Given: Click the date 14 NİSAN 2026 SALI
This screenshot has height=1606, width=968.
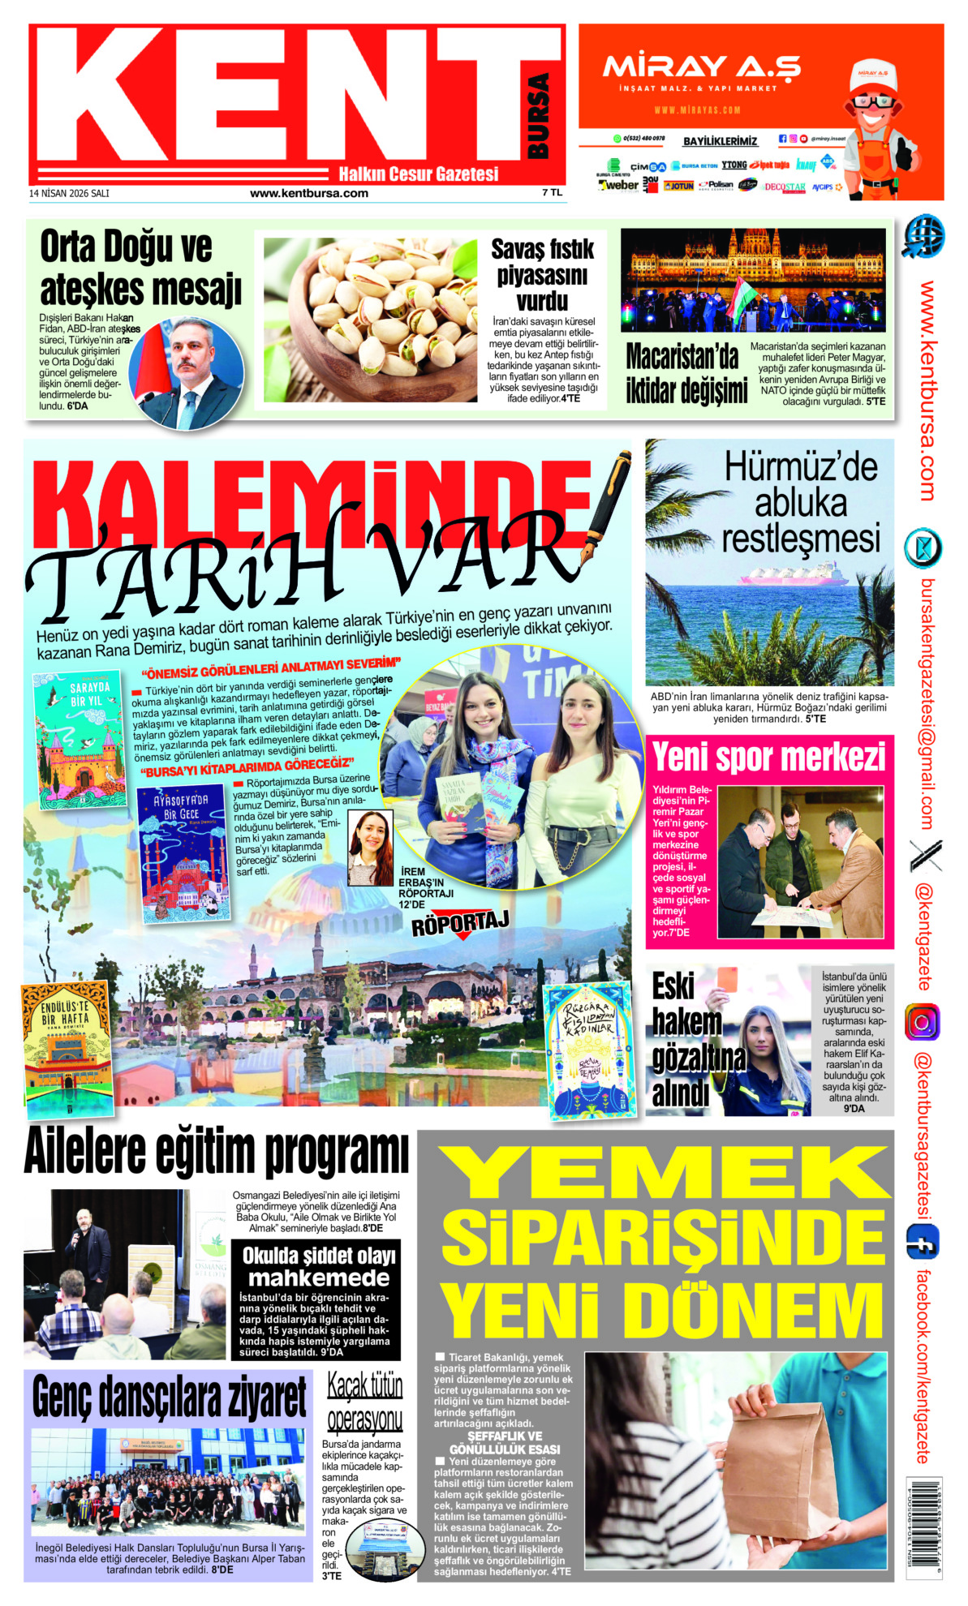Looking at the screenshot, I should tap(69, 193).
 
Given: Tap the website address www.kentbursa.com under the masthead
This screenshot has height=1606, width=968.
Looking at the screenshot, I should tap(308, 193).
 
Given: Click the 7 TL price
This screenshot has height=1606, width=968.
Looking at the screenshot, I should tap(552, 192).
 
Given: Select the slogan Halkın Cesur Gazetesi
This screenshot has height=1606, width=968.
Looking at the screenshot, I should tap(418, 174).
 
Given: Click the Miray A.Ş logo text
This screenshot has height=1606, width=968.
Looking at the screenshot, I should tap(701, 67).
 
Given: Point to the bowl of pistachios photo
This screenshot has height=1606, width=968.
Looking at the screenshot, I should tap(371, 319).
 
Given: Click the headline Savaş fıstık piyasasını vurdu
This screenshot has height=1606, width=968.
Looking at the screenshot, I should tap(542, 274).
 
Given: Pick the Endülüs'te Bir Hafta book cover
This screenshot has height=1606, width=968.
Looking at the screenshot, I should tap(67, 1048).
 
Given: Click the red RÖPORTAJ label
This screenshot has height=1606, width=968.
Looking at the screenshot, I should tap(459, 923).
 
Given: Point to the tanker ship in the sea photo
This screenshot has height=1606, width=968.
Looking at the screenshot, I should tap(793, 577).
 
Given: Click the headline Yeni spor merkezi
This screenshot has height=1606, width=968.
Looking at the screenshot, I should tap(768, 757).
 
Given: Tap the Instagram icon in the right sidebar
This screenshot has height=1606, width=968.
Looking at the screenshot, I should tap(923, 1022).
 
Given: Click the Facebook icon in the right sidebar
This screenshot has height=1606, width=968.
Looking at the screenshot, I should tap(923, 1242).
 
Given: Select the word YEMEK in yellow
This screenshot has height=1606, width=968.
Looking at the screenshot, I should tap(664, 1173).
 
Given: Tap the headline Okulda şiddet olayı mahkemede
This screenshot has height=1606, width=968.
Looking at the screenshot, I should tap(319, 1266).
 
